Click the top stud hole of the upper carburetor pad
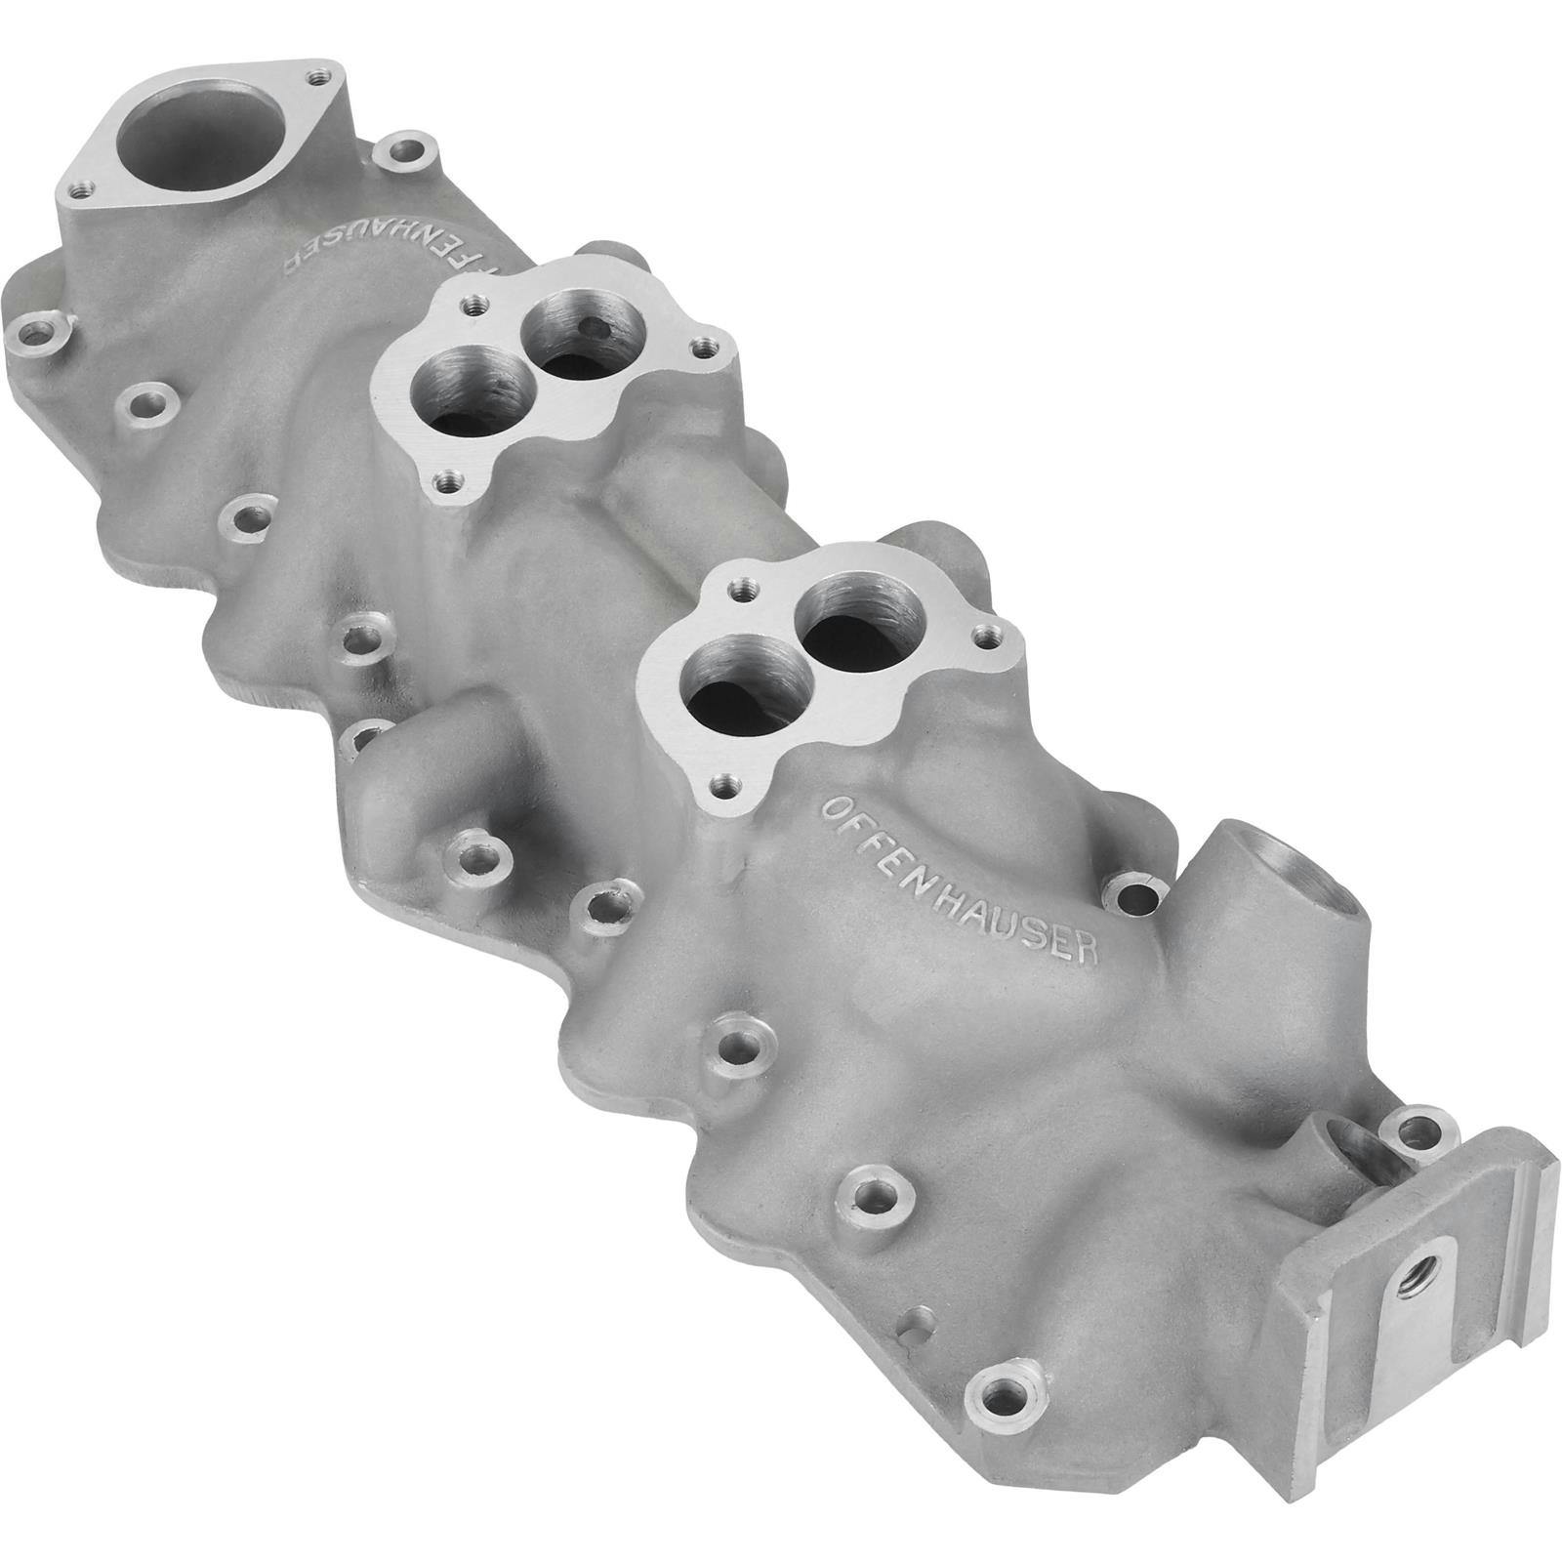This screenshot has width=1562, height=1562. coord(474,304)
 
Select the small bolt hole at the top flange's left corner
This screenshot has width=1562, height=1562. coord(85,185)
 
